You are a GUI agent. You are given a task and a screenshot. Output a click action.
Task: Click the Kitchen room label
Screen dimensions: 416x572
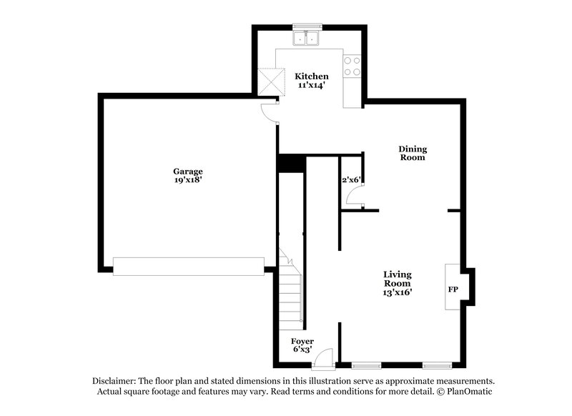coord(312,76)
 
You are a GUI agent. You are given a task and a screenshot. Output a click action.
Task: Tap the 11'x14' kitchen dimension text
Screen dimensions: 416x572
coord(312,85)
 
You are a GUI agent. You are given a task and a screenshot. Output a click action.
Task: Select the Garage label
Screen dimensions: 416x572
coord(188,172)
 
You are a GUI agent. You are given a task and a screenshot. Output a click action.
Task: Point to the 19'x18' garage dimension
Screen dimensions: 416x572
coord(188,180)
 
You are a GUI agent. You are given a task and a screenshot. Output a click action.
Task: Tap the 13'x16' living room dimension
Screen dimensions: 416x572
coord(398,292)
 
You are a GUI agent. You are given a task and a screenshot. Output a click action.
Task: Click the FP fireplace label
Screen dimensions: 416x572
coord(453,290)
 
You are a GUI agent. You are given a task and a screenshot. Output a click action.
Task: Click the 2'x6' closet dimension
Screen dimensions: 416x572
coord(350,180)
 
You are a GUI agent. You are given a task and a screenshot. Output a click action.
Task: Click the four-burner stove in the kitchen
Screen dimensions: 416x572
coord(352,66)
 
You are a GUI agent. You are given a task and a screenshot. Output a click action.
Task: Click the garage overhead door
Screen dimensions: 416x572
coord(188,266)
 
